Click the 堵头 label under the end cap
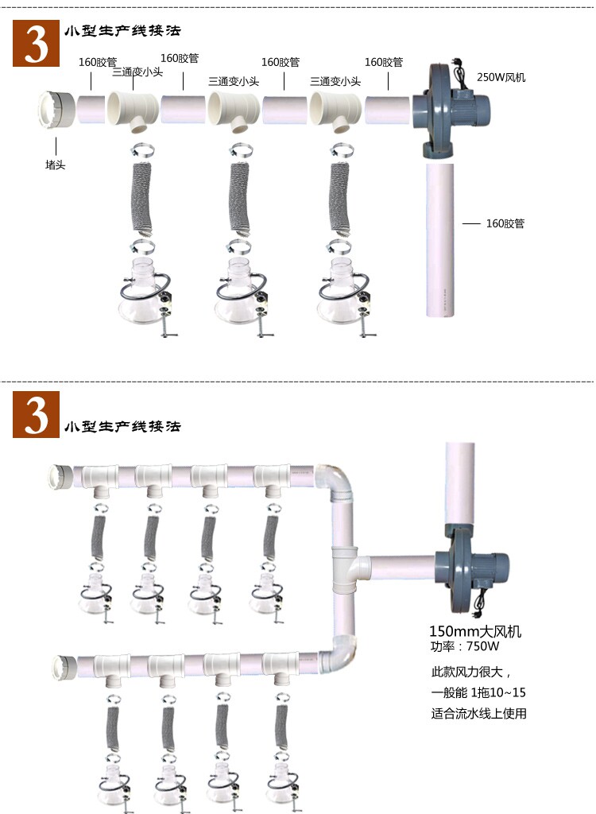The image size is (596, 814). (x=55, y=165)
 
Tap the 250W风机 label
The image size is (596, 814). (x=501, y=77)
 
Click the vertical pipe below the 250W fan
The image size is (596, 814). (x=439, y=240)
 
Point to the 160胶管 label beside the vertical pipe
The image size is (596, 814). (x=505, y=223)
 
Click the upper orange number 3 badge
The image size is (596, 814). (x=36, y=44)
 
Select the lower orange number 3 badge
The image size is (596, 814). (x=36, y=415)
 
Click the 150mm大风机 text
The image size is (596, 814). (x=475, y=631)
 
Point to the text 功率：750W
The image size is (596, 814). (x=465, y=646)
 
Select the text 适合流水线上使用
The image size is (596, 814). (x=478, y=714)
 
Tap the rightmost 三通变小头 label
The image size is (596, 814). (x=335, y=82)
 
